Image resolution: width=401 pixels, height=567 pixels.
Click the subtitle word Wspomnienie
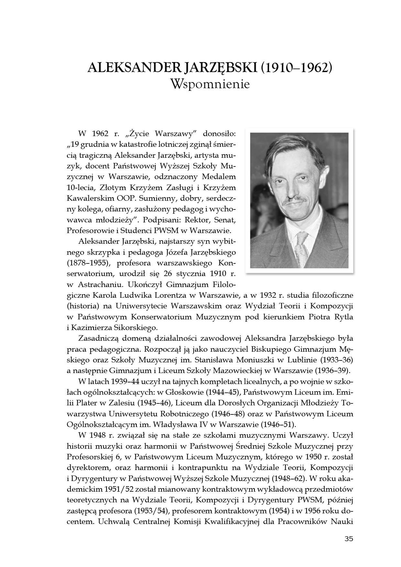coord(210,84)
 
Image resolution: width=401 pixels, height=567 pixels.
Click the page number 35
coord(349,539)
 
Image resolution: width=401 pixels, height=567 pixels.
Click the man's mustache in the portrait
coord(294,200)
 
